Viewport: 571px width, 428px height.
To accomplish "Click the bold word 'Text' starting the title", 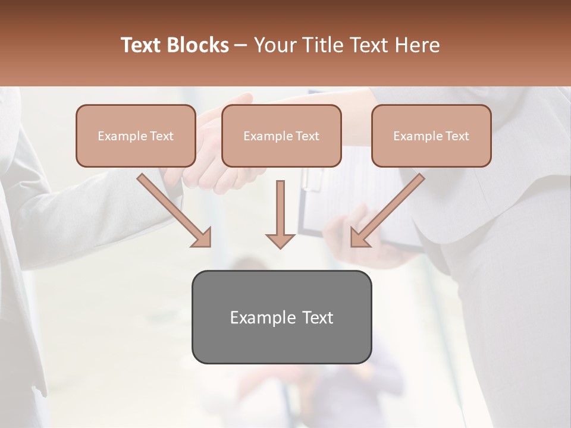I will pos(143,45).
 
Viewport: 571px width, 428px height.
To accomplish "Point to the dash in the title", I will pos(241,46).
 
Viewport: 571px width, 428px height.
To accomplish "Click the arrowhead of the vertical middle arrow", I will pos(280,240).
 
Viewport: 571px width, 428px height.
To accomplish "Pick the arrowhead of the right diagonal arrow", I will pos(359,238).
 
